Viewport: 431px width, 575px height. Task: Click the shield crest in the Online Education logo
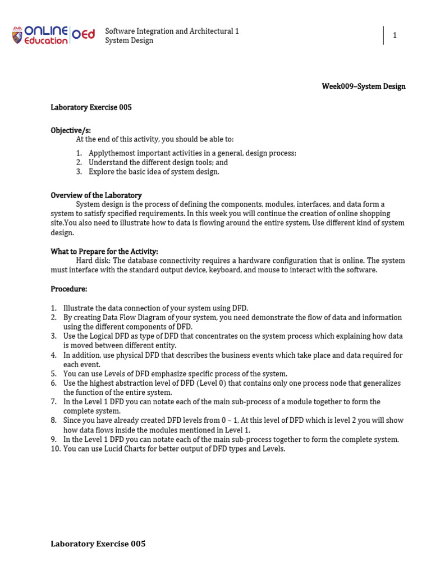tap(19, 35)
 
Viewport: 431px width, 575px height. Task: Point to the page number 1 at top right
tap(395, 35)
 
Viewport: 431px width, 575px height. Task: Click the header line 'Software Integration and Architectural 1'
tap(172, 31)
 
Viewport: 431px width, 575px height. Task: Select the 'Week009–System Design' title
tap(363, 86)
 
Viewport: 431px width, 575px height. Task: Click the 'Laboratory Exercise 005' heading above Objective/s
tap(91, 107)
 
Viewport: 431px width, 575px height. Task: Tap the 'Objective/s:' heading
tap(71, 130)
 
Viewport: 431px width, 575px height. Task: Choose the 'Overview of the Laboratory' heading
tap(96, 195)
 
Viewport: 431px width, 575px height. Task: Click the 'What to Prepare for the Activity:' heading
tap(104, 252)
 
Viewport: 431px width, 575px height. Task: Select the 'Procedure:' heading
tap(69, 289)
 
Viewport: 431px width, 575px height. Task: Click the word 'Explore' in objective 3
tap(102, 172)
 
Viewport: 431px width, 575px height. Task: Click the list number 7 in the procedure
tap(54, 402)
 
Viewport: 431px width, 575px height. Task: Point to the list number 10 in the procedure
tap(55, 449)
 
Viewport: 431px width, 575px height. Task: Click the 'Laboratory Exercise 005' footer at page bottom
tap(98, 544)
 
